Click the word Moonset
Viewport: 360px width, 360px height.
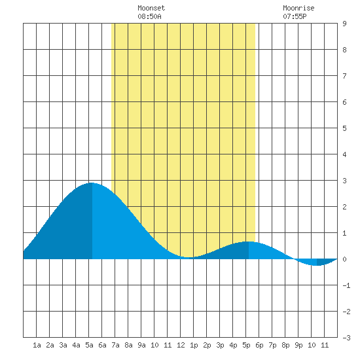(x=151, y=8)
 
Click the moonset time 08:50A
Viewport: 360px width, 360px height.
(x=149, y=16)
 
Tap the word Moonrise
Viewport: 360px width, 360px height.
(x=298, y=8)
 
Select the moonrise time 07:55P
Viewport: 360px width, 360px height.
(x=295, y=16)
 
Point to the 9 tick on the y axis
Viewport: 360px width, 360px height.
(x=344, y=24)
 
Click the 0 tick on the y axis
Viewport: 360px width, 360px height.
(x=344, y=259)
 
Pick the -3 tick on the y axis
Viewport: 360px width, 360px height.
(x=346, y=338)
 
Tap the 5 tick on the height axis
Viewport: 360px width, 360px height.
(x=344, y=128)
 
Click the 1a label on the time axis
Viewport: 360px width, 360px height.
(x=37, y=345)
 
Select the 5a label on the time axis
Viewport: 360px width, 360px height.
(x=89, y=345)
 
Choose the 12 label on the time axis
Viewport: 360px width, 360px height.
(x=181, y=345)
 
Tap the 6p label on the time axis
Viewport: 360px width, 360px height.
(x=259, y=345)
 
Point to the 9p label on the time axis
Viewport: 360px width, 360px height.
(x=298, y=345)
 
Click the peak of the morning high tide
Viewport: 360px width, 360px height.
(x=92, y=183)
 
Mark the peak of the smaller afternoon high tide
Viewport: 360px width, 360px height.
(x=249, y=242)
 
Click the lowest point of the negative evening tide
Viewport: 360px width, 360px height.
(x=317, y=265)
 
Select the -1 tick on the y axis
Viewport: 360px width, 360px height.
(x=346, y=285)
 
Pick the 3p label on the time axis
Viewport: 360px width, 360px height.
(x=220, y=345)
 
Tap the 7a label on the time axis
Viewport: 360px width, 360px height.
(x=115, y=345)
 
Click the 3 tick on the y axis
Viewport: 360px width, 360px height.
(x=344, y=181)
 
